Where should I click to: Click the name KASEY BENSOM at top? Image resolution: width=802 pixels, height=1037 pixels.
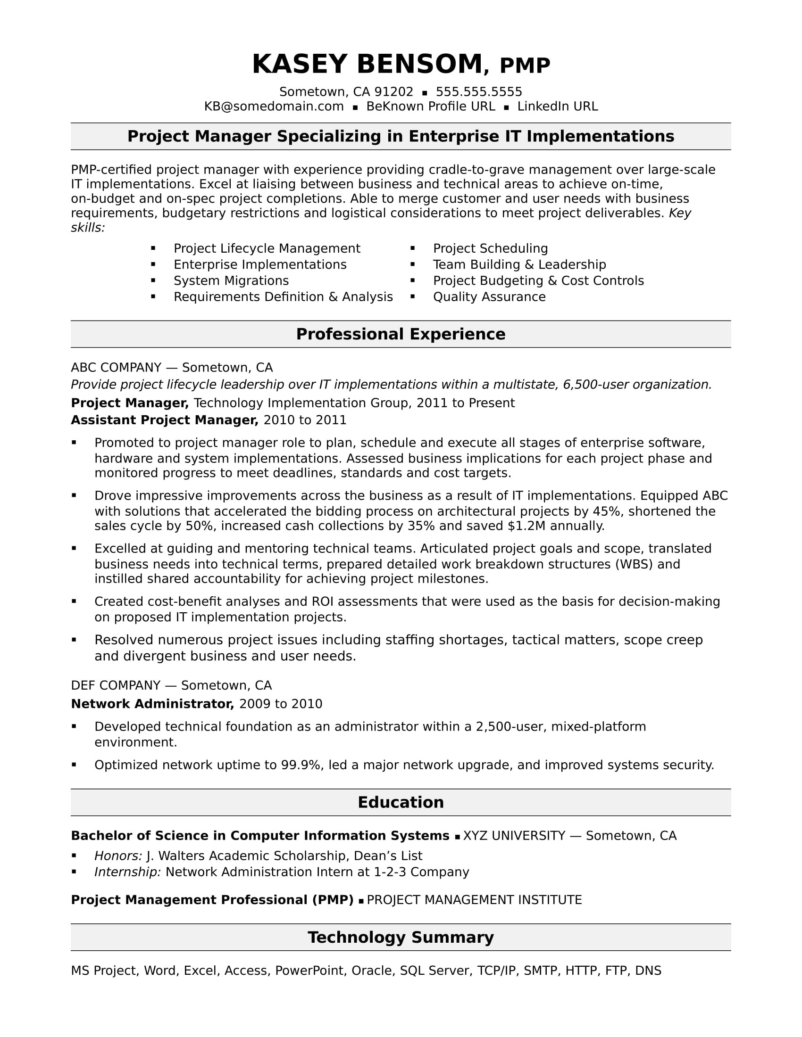[x=367, y=65]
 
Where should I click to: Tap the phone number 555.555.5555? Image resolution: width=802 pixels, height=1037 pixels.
[x=478, y=92]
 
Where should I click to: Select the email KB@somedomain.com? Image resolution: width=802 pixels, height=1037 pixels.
[x=274, y=107]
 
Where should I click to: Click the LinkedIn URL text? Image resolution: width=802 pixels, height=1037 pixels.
[x=557, y=107]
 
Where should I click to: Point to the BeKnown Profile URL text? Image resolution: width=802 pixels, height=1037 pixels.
[x=430, y=107]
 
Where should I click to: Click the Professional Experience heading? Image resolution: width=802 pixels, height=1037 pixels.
[x=401, y=334]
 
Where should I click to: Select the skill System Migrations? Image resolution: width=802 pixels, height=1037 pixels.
[x=231, y=280]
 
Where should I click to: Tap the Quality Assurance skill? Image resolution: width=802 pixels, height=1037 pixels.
[x=489, y=297]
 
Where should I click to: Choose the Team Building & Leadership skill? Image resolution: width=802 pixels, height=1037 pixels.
[x=519, y=264]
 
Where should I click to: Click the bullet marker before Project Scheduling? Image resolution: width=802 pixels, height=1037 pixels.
[x=412, y=248]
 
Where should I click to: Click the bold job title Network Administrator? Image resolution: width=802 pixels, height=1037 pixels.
[x=152, y=704]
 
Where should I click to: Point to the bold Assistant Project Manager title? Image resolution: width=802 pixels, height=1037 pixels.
[x=164, y=420]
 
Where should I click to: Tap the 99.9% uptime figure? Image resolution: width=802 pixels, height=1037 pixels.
[x=301, y=765]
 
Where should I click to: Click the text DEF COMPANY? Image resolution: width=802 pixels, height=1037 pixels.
[x=116, y=685]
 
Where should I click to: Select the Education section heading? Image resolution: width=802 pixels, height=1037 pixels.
[x=401, y=802]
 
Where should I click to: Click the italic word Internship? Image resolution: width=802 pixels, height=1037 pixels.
[x=127, y=872]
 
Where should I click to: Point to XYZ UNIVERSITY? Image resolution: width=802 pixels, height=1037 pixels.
[x=514, y=836]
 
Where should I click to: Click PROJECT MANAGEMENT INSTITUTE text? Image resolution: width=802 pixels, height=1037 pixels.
[x=474, y=900]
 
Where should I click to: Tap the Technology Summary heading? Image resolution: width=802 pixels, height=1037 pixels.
[x=401, y=937]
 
